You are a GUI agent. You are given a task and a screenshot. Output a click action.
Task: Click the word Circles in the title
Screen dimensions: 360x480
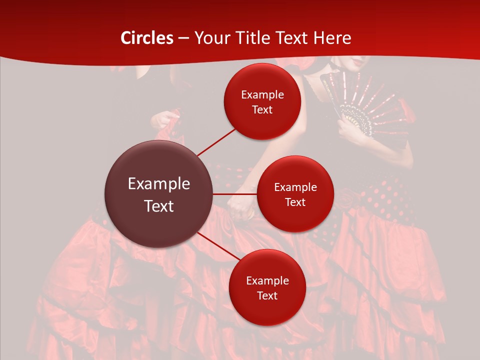point(147,38)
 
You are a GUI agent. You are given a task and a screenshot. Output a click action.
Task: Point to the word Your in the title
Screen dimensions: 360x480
point(210,38)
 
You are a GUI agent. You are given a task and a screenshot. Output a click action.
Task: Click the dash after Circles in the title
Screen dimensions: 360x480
point(184,38)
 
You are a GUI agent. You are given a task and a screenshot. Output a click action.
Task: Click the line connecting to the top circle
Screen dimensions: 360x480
point(217,141)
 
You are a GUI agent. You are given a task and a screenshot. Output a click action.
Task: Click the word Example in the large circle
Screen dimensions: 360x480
point(159,184)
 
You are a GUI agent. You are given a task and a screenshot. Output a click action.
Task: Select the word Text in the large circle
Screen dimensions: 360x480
point(159,206)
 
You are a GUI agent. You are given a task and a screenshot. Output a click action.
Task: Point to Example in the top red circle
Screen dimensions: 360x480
point(262,94)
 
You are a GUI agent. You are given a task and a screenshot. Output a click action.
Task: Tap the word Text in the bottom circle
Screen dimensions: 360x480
point(267,295)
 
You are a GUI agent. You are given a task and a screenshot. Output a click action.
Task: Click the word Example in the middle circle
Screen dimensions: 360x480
point(295,187)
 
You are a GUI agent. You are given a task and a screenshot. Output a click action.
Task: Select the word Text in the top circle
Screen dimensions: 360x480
point(262,109)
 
